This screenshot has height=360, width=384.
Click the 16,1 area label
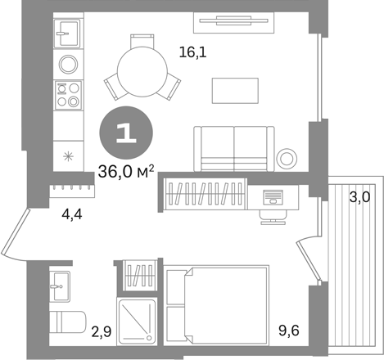[192, 52]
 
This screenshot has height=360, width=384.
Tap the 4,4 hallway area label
[72, 215]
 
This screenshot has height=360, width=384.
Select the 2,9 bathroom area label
[102, 332]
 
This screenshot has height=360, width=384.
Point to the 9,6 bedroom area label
[289, 331]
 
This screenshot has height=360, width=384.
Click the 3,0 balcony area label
[360, 197]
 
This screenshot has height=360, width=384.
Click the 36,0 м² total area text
[126, 172]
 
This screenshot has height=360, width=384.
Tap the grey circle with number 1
[126, 133]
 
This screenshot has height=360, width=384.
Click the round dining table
[142, 71]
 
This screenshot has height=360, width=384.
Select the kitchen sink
[67, 34]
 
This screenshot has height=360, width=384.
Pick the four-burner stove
[68, 95]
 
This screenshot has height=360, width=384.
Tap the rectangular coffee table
[235, 91]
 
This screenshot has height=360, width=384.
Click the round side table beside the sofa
[287, 159]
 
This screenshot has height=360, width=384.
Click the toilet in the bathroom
[68, 322]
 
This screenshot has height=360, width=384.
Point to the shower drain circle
[149, 338]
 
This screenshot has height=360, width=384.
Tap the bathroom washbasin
[60, 286]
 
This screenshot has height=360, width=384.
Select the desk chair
[273, 218]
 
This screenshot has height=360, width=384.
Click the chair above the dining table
[142, 41]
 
